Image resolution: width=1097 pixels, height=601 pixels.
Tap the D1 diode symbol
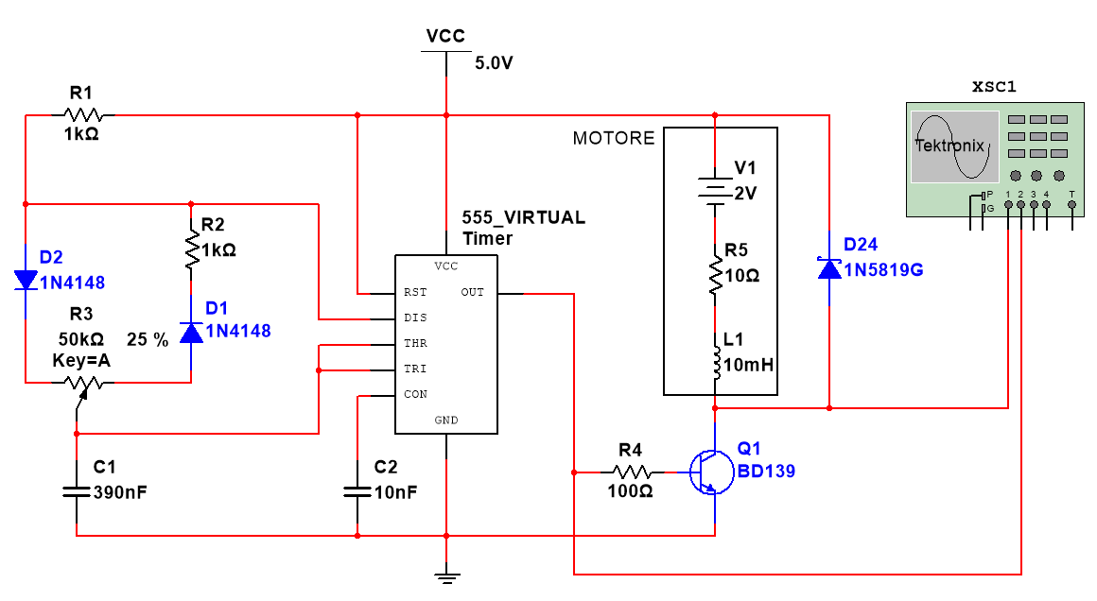pos(192,332)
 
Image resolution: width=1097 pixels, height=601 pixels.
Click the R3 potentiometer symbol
pos(82,383)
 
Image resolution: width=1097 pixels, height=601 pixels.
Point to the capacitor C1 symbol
pos(76,491)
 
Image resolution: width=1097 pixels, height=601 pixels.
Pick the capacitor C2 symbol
pos(357,491)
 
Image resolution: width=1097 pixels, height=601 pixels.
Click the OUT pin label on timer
pos(472,292)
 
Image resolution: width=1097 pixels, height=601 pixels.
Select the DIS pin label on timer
pos(415,318)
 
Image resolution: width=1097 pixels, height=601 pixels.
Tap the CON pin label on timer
pos(415,394)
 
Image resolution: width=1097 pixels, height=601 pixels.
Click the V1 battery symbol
pos(715,186)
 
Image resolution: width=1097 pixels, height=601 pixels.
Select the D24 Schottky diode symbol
pos(829,268)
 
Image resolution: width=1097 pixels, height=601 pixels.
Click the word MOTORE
pos(613,139)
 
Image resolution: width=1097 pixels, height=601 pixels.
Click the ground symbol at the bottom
pos(446,574)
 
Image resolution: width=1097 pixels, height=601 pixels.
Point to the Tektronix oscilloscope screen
pos(954,146)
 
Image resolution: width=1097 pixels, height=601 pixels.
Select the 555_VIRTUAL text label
pos(523,218)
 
